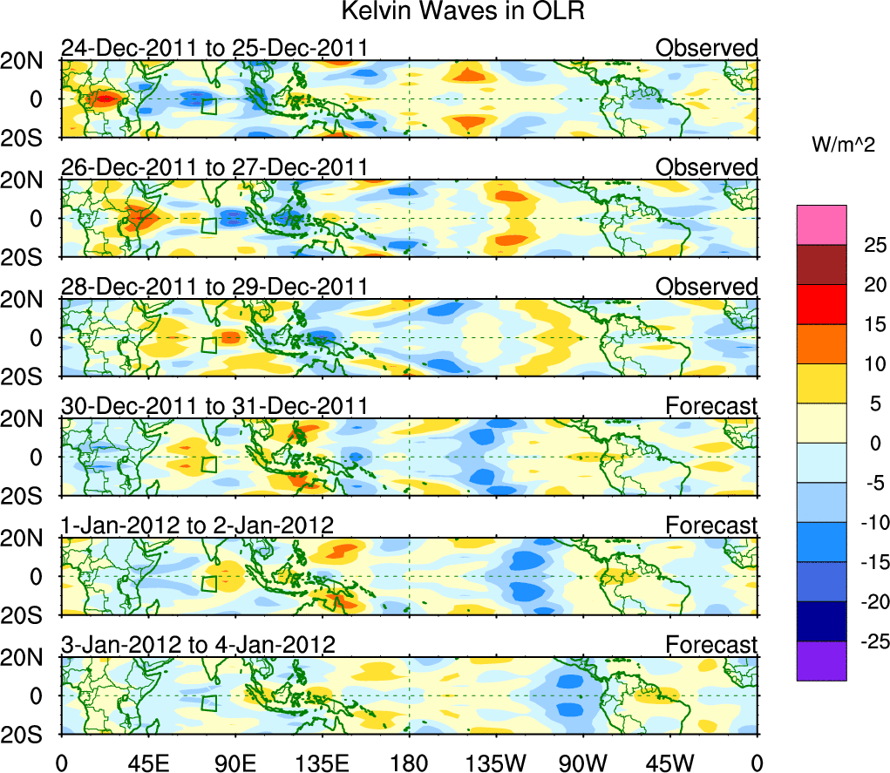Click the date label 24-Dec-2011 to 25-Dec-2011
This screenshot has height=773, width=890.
click(214, 48)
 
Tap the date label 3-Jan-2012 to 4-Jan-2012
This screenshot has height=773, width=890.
click(198, 645)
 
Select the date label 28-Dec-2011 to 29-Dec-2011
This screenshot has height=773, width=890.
click(214, 287)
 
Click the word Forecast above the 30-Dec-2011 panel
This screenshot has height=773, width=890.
click(711, 406)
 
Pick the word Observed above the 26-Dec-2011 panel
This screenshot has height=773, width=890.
click(707, 167)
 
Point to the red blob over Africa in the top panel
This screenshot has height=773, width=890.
click(104, 98)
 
